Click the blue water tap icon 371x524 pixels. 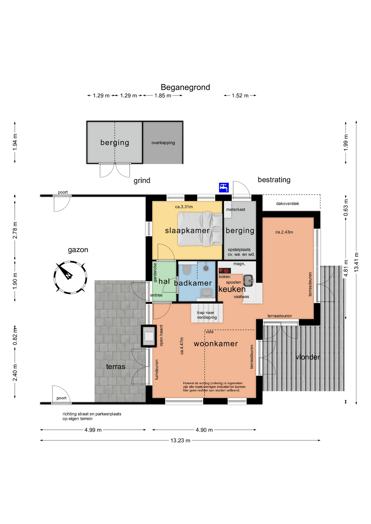pyautogui.click(x=224, y=187)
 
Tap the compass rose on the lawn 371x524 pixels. pyautogui.click(x=70, y=277)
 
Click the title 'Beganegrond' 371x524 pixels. pyautogui.click(x=185, y=87)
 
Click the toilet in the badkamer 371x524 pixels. pyautogui.click(x=187, y=269)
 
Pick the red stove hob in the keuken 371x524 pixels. pyautogui.click(x=225, y=271)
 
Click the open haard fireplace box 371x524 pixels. pyautogui.click(x=149, y=336)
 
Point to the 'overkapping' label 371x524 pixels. pyautogui.click(x=163, y=143)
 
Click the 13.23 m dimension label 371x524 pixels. pyautogui.click(x=180, y=440)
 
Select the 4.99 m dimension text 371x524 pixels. pyautogui.click(x=93, y=430)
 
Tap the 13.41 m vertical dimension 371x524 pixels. pyautogui.click(x=356, y=262)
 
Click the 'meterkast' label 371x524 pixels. pyautogui.click(x=235, y=210)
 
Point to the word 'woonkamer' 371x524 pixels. pyautogui.click(x=216, y=344)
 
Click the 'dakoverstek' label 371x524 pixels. pyautogui.click(x=287, y=204)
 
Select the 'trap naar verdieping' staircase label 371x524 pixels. pyautogui.click(x=207, y=315)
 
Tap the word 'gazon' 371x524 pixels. pyautogui.click(x=78, y=250)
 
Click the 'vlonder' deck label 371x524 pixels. pyautogui.click(x=308, y=357)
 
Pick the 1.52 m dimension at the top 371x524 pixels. pyautogui.click(x=240, y=96)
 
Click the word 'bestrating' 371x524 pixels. pyautogui.click(x=274, y=180)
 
